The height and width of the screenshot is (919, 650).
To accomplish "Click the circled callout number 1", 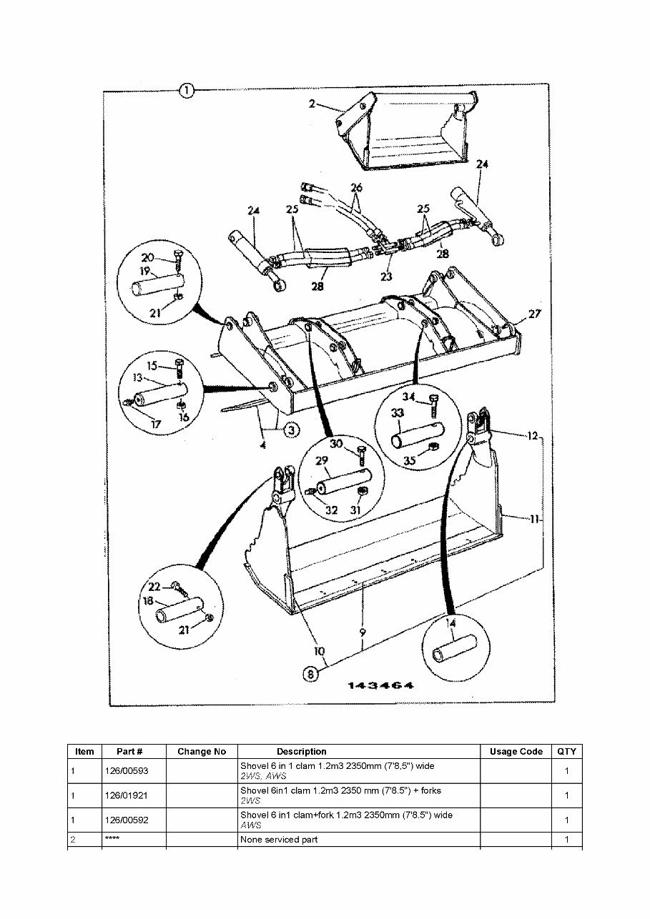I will coord(186,90).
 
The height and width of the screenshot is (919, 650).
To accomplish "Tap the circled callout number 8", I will coord(310,672).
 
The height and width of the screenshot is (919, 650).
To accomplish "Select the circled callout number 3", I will coord(292,429).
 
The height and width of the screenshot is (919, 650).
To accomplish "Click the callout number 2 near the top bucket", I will coord(312,104).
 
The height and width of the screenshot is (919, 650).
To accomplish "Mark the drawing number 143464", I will coord(380,686).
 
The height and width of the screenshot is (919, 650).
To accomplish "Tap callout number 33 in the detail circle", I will coord(398,412).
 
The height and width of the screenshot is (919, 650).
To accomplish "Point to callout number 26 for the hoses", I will coord(356,187).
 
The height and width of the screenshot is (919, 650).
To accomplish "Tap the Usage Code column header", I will coord(516,751).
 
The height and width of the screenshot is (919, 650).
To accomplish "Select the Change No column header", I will coord(202,751).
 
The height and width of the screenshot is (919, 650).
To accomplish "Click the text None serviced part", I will coord(279,840).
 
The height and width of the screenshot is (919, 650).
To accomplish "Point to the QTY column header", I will coord(566,751).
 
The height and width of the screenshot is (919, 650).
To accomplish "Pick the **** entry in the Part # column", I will coord(112,840).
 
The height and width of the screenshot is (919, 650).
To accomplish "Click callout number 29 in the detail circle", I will coord(322,461).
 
